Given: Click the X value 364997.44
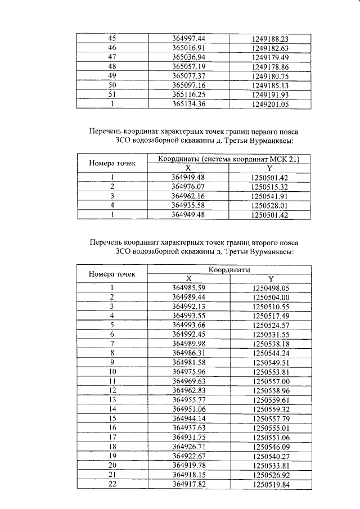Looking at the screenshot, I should pyautogui.click(x=188, y=38).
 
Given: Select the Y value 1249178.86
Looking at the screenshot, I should pyautogui.click(x=270, y=66).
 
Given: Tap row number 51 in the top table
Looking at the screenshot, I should pyautogui.click(x=112, y=94).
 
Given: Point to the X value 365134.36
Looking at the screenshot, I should pyautogui.click(x=188, y=104).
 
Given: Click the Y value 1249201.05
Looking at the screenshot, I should pyautogui.click(x=270, y=104).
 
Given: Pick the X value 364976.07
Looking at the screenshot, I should pyautogui.click(x=188, y=187).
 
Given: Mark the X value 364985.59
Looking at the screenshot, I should pyautogui.click(x=188, y=287).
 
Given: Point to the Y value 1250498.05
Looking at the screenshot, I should pyautogui.click(x=270, y=287).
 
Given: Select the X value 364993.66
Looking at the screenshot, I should pyautogui.click(x=188, y=325).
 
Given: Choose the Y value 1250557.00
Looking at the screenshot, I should pyautogui.click(x=270, y=381).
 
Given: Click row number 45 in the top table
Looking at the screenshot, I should pyautogui.click(x=112, y=38).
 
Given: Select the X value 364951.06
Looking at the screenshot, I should pyautogui.click(x=188, y=409).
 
